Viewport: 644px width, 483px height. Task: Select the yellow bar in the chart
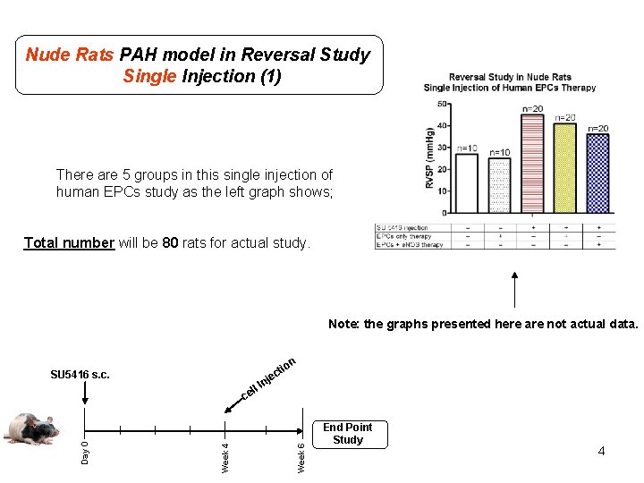click(564, 168)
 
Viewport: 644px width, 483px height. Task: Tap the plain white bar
click(466, 182)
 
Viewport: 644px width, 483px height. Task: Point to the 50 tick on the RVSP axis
click(443, 105)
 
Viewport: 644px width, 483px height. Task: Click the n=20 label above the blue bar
click(597, 129)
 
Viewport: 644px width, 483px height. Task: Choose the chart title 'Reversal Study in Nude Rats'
click(510, 77)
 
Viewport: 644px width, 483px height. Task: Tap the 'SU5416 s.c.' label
click(80, 375)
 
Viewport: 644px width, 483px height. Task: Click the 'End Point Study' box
click(347, 434)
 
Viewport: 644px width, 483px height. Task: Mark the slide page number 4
click(601, 451)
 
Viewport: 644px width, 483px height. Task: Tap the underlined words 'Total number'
click(70, 242)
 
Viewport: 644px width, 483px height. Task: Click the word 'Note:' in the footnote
click(343, 324)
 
